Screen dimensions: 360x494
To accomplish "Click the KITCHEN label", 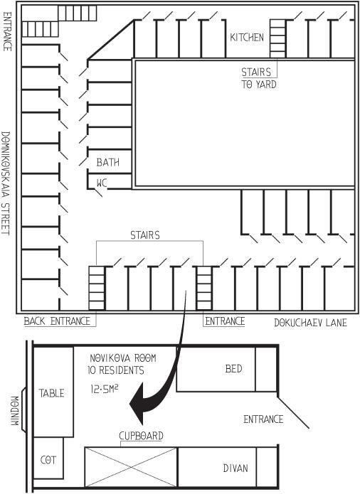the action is point(246,38).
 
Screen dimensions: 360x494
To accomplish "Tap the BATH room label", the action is point(108,163).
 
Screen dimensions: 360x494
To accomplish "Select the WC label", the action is point(102,183).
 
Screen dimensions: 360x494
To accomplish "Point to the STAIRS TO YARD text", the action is point(259,78).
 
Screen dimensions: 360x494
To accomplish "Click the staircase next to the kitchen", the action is point(277,38).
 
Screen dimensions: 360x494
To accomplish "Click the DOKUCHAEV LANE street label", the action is point(310,323).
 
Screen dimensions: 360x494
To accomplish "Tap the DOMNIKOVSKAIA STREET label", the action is point(6,183).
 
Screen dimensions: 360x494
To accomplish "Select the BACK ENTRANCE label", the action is point(57,321).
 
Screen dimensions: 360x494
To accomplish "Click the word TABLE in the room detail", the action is point(51,393).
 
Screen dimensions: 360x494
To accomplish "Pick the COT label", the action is point(48,461).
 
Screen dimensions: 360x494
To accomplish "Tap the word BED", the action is point(233,369).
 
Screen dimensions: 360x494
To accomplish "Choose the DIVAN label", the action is point(235,468).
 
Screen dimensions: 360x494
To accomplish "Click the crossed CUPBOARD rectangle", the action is point(131,467).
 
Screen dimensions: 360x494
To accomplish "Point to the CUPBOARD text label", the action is point(141,436).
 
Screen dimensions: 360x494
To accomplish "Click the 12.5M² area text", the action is point(105,389).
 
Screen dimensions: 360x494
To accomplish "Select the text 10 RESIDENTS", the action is point(116,370).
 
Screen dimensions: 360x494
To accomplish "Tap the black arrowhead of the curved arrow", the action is point(141,404).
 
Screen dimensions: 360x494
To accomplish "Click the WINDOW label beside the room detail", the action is point(14,411).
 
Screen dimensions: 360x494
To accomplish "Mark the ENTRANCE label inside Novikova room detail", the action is point(263,419).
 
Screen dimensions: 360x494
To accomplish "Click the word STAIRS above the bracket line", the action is point(145,235).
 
